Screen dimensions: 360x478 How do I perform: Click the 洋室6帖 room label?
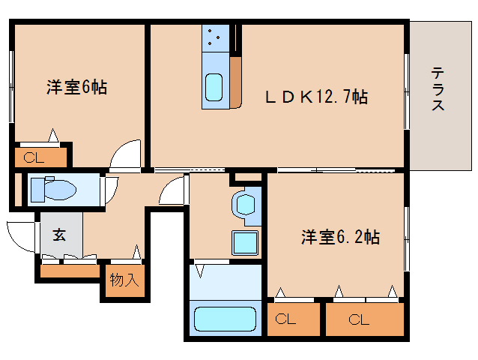(77, 88)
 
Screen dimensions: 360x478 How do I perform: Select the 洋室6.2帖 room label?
(340, 238)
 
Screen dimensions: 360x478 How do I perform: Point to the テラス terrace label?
(438, 89)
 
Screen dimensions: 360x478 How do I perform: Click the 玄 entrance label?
(59, 234)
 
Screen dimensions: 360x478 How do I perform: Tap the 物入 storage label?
(124, 280)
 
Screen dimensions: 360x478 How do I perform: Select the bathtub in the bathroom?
(226, 319)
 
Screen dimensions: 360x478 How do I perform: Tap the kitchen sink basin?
(214, 88)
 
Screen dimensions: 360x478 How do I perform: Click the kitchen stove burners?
(214, 37)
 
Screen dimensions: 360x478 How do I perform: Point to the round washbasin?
(245, 202)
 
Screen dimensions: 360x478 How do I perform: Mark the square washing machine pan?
(245, 243)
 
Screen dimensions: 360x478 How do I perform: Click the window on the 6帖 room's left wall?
(11, 86)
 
